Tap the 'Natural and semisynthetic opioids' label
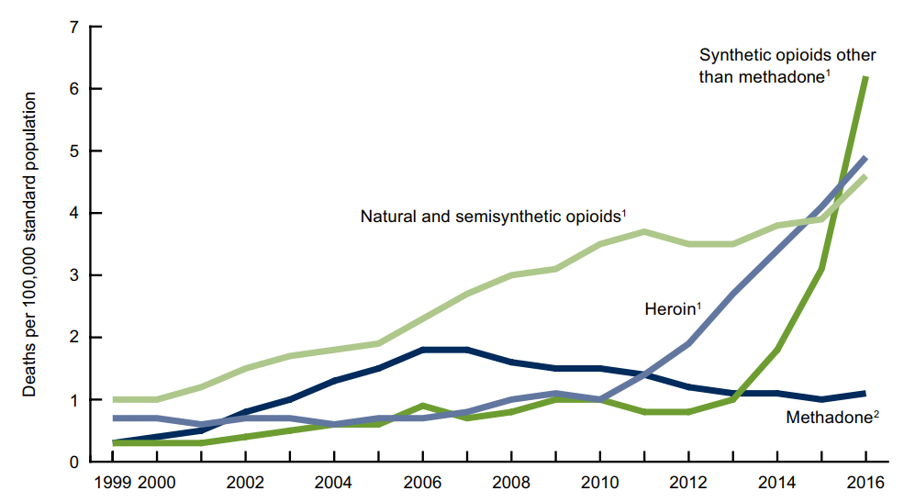pyautogui.click(x=493, y=218)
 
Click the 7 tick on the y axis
pyautogui.click(x=73, y=27)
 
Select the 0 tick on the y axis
pyautogui.click(x=73, y=463)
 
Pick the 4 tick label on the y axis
pyautogui.click(x=73, y=213)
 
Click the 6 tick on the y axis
pyautogui.click(x=73, y=89)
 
